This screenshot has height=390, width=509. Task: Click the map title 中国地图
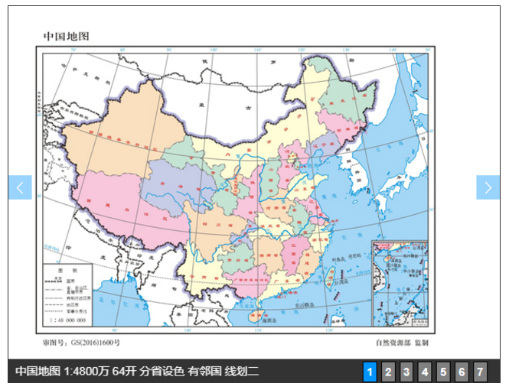tap(66, 36)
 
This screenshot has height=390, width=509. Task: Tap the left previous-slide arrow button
tap(20, 187)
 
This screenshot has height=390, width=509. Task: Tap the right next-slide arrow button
tap(488, 187)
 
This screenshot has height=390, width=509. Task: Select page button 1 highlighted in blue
tap(370, 372)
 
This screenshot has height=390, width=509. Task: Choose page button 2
tap(388, 372)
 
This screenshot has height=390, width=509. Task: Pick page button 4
tap(425, 372)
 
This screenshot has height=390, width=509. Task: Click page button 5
tap(443, 372)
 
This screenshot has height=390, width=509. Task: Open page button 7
tap(480, 372)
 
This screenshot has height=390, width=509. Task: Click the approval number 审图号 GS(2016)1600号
tap(82, 343)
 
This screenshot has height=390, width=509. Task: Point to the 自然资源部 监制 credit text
tap(402, 343)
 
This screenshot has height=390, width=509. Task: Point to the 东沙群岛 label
tap(308, 304)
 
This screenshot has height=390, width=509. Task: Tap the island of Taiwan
tap(330, 276)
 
